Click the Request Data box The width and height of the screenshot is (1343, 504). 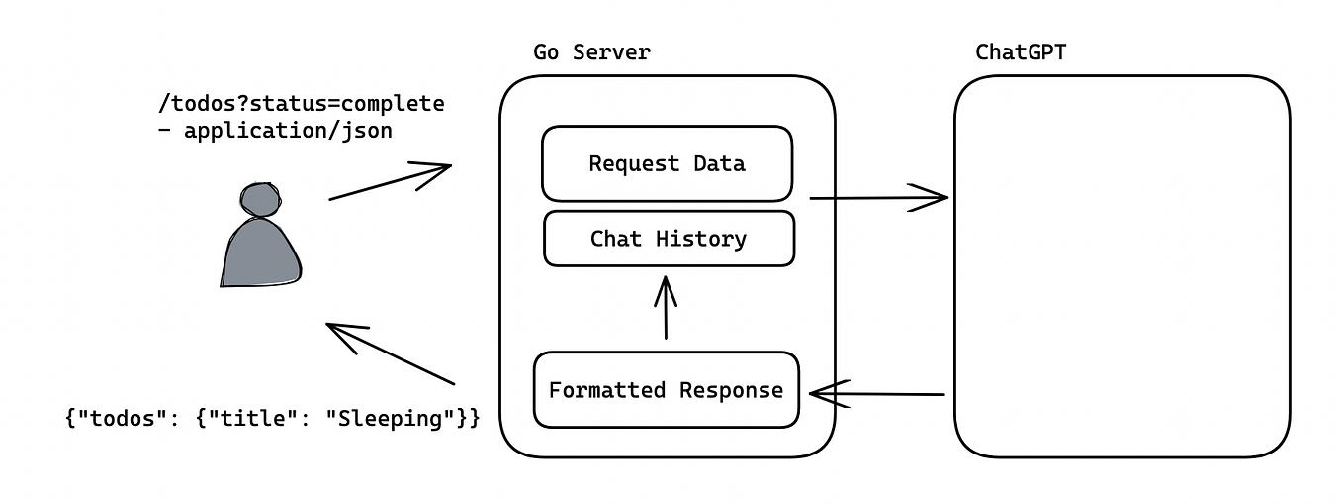coord(667,163)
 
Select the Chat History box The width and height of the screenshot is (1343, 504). coord(669,239)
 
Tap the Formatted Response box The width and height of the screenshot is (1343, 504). coord(666,390)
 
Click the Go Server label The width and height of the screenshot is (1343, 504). coord(591,52)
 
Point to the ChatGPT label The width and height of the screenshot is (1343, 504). coord(1021,52)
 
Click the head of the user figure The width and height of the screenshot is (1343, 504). coord(259,200)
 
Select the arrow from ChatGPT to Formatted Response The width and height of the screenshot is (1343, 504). coord(876,394)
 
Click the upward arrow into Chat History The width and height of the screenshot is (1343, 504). coord(666,308)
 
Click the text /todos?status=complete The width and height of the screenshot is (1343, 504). coord(302,104)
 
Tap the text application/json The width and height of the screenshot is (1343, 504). coord(288,130)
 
